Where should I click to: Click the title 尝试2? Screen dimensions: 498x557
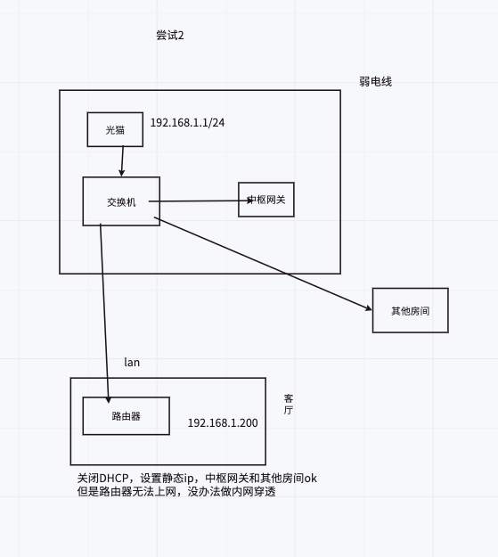(170, 35)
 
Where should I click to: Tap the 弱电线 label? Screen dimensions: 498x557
(375, 82)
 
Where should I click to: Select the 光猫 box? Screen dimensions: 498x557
(115, 129)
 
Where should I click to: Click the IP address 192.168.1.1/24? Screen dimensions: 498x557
(187, 123)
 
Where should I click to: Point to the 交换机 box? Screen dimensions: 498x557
(121, 201)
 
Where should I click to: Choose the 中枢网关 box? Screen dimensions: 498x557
(266, 200)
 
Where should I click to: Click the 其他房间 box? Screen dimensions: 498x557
(411, 310)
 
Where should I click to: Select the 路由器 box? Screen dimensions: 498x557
(127, 416)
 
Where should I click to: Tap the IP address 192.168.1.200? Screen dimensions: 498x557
(223, 422)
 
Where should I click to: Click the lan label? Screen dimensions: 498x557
(132, 363)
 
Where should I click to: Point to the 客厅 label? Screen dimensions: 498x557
(288, 405)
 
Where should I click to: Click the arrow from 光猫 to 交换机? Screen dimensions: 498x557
(122, 161)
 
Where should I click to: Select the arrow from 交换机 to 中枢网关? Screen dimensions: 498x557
(200, 201)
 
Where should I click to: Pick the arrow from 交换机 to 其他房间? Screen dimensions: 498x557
(263, 264)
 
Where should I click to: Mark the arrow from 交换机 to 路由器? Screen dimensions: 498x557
(104, 314)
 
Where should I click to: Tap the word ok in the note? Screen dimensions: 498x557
(310, 479)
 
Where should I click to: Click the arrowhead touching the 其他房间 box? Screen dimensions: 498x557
(368, 308)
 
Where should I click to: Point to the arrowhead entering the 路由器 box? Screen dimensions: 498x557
(109, 400)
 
